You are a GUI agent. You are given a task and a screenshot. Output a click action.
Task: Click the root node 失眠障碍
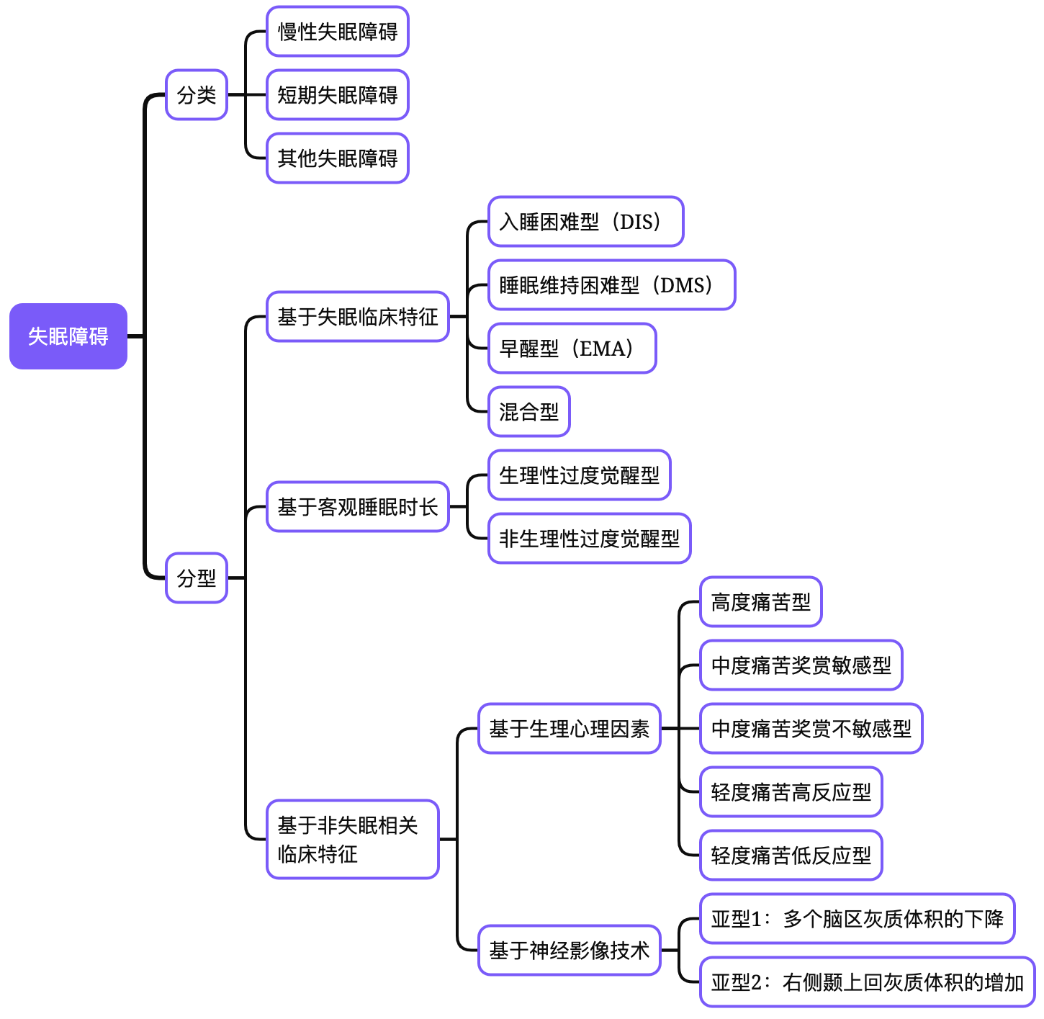(68, 336)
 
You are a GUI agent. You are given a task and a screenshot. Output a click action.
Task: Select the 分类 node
(197, 95)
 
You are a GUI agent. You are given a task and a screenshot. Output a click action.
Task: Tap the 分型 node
(197, 578)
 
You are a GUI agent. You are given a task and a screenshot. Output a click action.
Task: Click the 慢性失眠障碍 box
(338, 32)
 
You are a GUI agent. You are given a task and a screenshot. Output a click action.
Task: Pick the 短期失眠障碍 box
(338, 95)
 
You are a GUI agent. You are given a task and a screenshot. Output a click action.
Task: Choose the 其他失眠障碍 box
(338, 158)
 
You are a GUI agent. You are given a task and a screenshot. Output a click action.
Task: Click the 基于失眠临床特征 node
(358, 317)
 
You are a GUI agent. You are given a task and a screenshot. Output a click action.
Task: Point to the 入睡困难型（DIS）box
(585, 222)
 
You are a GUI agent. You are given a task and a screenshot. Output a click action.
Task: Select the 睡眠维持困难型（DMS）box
(611, 285)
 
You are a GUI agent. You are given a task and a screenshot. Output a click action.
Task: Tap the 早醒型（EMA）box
(572, 349)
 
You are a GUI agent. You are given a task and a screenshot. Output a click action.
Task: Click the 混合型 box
(529, 412)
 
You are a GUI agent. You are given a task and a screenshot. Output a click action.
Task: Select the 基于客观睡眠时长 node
(358, 507)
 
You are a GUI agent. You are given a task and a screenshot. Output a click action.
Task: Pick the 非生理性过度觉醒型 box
(590, 539)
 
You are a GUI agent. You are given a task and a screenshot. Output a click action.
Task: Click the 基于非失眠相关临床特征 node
(352, 840)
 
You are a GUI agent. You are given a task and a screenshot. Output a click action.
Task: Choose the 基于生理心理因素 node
(570, 729)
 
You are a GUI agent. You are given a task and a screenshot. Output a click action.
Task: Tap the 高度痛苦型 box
(761, 602)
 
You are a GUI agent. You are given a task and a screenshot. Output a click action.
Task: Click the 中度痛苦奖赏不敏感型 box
(811, 729)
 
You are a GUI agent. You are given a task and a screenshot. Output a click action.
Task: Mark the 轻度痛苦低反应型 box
(791, 856)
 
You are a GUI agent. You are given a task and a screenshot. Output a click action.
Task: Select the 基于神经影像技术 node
(570, 951)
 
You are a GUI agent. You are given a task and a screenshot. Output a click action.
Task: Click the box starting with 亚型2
(867, 982)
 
